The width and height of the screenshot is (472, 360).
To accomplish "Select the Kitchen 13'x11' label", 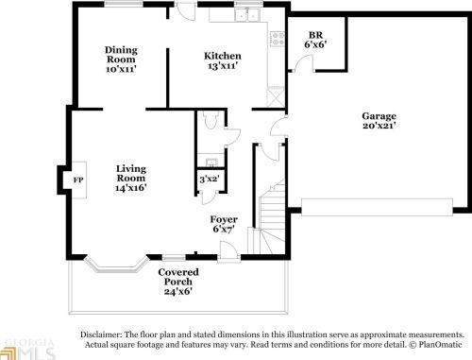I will (x=223, y=61).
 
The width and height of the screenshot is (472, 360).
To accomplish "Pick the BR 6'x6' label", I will (x=316, y=39).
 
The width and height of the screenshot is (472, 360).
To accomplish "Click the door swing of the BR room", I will (x=301, y=65).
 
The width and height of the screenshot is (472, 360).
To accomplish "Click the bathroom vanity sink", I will (x=209, y=159).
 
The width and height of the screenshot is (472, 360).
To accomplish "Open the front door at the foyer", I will (x=228, y=249).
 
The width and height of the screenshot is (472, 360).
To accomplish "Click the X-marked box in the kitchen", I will (x=276, y=96).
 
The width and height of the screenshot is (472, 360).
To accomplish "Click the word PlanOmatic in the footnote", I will (x=439, y=346).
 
